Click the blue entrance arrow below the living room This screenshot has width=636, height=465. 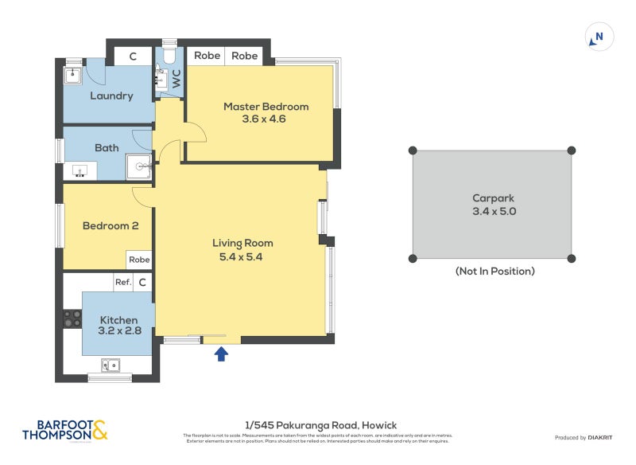[x=222, y=354]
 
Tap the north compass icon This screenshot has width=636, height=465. [x=599, y=37]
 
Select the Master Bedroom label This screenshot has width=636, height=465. [x=266, y=107]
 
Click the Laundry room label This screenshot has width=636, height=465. [x=111, y=96]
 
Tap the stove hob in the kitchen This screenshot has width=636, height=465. [x=72, y=318]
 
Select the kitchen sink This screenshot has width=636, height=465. [x=111, y=365]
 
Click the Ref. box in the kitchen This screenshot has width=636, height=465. [x=122, y=282]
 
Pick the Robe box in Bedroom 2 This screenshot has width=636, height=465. [x=139, y=260]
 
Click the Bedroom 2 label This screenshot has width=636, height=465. [x=111, y=226]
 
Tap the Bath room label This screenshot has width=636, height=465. [x=106, y=147]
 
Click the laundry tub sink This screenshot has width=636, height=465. [x=72, y=74]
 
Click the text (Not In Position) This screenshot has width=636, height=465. [x=494, y=272]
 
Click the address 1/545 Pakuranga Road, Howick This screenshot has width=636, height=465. [x=320, y=425]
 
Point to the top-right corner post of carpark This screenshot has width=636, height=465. [x=571, y=150]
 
